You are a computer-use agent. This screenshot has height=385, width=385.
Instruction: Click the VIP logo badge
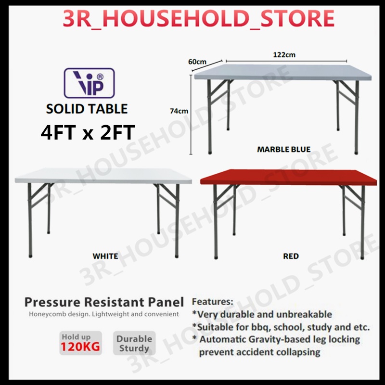[x=90, y=83]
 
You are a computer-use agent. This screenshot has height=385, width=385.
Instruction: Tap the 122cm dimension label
[x=284, y=55]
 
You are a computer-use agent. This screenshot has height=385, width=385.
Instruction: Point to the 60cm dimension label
[x=197, y=62]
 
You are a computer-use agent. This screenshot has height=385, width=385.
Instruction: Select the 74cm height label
[x=179, y=111]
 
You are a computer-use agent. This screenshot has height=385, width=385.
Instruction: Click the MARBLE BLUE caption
[x=284, y=149]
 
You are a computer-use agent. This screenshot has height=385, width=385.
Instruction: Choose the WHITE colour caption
[x=105, y=256]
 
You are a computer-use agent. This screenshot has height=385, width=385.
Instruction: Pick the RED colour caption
[x=291, y=256]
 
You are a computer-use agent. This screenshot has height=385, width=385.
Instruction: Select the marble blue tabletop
[x=284, y=72]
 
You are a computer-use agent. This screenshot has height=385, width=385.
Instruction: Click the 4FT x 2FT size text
[x=87, y=131]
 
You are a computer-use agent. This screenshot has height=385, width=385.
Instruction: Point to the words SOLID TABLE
[x=87, y=109]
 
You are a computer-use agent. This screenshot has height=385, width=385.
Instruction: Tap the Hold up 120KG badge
[x=81, y=343]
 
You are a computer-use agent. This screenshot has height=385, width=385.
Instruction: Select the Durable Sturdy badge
[x=134, y=343]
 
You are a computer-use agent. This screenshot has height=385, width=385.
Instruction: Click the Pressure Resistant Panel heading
[x=104, y=302]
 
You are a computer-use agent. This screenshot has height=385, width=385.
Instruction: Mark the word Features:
[x=213, y=302]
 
